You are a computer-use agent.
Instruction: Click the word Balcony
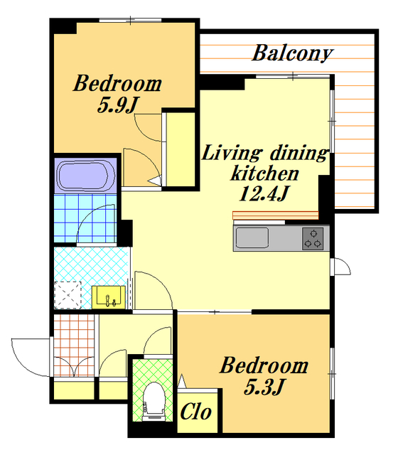pos(292,53)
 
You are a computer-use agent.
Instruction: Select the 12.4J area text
pos(264,193)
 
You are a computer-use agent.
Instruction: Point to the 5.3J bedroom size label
pos(264,387)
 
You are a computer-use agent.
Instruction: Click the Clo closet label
pos(196,412)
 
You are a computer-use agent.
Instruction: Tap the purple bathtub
pos(85,176)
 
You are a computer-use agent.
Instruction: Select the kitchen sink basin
pos(252,238)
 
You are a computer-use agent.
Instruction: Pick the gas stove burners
pos(313,239)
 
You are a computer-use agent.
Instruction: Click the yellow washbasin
pos(109,297)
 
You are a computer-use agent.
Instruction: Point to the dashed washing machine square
pos(68,295)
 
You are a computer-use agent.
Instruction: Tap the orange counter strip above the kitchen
pos(276,215)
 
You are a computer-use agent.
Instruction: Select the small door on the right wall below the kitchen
pos(340,267)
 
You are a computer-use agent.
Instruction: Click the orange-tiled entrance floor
pos(74,346)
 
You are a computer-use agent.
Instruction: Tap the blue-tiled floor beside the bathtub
pos(85,218)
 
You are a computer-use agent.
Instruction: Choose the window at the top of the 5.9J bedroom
pos(130,20)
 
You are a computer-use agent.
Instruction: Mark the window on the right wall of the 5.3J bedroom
pos(332,374)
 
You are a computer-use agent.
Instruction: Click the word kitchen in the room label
pos(264,173)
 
